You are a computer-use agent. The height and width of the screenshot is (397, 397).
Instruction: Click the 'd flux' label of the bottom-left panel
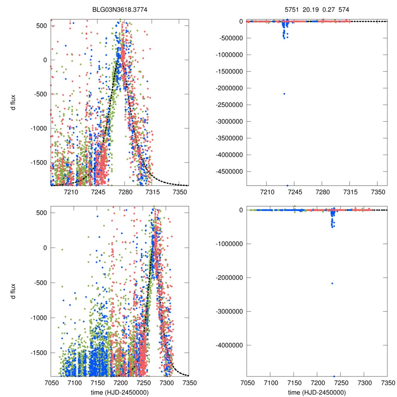[14, 291]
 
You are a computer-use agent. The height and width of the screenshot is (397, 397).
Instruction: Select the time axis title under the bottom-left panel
[119, 392]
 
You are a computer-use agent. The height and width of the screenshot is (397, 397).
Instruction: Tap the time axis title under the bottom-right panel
[317, 392]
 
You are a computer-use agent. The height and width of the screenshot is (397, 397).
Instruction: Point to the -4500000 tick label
[228, 172]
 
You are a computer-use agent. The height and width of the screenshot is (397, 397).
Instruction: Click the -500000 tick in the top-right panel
[230, 38]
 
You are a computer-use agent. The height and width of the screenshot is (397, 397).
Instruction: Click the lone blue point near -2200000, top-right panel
[284, 93]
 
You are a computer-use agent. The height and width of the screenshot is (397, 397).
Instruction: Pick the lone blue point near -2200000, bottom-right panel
[332, 283]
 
